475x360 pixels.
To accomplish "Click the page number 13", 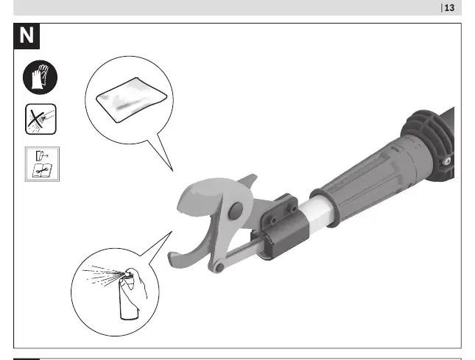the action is [449, 7].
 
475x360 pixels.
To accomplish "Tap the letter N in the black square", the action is [27, 35].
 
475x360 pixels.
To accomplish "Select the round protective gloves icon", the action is [40, 77].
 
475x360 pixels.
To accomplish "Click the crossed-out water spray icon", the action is [41, 119].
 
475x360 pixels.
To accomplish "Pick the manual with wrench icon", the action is [42, 164].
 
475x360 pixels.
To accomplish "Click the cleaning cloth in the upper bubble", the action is [132, 99].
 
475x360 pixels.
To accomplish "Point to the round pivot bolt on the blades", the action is [236, 211].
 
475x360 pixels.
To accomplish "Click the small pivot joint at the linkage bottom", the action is [219, 268].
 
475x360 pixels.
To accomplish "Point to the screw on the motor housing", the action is [447, 161].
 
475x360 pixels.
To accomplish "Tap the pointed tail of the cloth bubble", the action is [173, 171].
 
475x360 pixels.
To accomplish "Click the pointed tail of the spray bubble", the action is [172, 232].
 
